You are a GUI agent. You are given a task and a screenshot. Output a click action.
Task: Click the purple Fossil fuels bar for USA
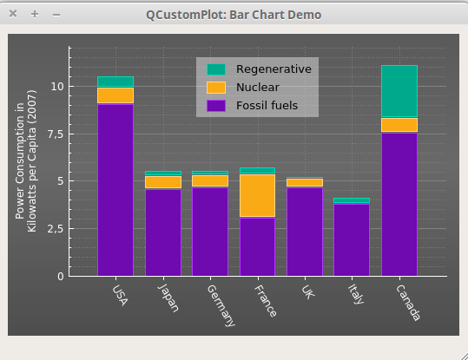(x=115, y=189)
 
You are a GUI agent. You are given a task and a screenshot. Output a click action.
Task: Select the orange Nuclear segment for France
(x=257, y=195)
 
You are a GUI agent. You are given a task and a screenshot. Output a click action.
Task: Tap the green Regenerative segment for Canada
(x=399, y=91)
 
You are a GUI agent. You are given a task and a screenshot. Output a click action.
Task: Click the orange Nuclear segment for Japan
(x=162, y=182)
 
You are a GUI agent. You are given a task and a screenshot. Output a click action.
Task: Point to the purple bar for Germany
(x=209, y=231)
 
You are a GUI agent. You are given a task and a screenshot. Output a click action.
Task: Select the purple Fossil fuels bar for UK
(x=305, y=231)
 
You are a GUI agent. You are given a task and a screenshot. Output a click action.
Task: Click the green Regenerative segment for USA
(x=115, y=82)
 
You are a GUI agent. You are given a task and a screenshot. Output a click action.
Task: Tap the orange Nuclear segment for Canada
(x=399, y=125)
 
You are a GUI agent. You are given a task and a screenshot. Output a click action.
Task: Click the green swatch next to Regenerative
(x=215, y=69)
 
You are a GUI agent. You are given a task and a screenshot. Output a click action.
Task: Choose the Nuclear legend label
(x=258, y=88)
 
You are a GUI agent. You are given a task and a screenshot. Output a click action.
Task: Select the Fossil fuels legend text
(x=267, y=106)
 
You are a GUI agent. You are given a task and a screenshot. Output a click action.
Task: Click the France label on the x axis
(x=265, y=296)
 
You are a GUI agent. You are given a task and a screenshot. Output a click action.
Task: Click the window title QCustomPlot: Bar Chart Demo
(x=234, y=15)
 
